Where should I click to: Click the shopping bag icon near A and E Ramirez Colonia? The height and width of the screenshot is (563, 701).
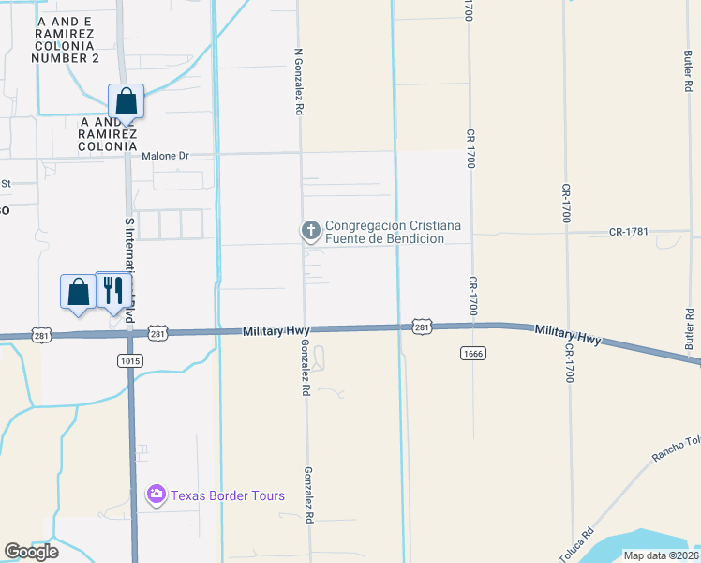[126, 100]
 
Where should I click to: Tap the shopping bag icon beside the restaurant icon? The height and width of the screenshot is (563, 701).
[79, 291]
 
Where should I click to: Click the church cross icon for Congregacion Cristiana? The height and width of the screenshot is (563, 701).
[311, 230]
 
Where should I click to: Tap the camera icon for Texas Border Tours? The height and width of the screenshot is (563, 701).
[156, 495]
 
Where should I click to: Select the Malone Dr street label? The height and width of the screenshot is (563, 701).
[165, 156]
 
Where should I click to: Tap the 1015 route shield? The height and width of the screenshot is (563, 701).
[130, 360]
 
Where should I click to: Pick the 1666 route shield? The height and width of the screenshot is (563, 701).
[472, 352]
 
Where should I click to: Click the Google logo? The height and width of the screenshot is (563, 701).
[31, 552]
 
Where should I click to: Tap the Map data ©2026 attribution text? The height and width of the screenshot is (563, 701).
[661, 555]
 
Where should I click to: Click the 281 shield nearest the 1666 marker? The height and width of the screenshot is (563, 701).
[422, 327]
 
